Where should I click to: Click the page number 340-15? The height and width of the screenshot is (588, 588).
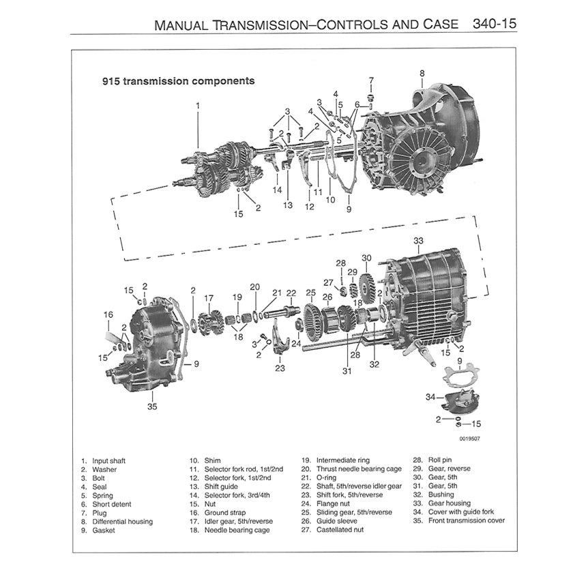(495, 25)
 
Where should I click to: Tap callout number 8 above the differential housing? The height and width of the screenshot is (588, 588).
(422, 73)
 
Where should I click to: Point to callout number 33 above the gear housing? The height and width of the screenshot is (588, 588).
(418, 241)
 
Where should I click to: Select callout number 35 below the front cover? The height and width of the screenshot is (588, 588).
(151, 407)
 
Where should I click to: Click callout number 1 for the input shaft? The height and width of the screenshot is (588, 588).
(198, 106)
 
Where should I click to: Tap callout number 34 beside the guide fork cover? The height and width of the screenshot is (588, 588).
(430, 397)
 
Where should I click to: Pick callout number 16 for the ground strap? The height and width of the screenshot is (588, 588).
(108, 314)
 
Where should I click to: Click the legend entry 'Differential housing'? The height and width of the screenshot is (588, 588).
(122, 521)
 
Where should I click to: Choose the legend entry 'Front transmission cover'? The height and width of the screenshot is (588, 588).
(466, 520)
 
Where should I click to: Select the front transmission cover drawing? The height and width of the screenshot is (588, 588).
(147, 341)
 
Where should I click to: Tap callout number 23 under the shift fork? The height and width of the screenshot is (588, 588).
(280, 368)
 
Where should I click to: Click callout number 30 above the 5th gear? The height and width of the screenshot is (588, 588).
(366, 258)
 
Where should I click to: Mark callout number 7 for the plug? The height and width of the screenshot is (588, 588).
(371, 80)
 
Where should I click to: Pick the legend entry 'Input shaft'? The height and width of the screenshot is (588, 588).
(108, 460)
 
